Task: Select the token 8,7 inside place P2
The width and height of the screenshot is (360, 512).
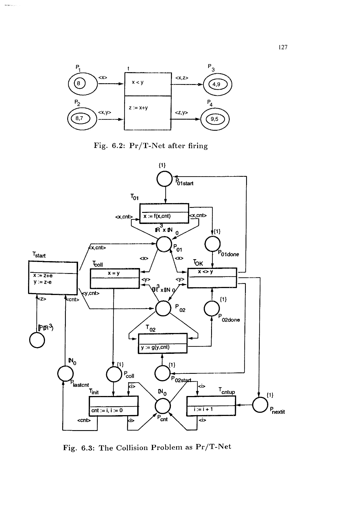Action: coord(80,118)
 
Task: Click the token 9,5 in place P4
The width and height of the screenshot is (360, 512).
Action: coord(214,119)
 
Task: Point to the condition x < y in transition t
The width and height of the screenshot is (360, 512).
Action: coord(137,82)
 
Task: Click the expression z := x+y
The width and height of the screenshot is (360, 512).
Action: coord(138,108)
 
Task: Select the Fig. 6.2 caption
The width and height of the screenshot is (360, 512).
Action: coord(151,146)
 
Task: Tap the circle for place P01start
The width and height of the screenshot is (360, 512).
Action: coord(165,179)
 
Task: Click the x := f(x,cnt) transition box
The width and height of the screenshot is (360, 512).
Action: coord(164,213)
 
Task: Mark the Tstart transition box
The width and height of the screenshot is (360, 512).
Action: coord(53,278)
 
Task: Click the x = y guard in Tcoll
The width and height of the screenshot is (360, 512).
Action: coord(114,273)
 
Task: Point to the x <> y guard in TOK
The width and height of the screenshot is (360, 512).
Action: coord(206,272)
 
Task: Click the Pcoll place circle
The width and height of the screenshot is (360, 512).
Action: coord(114,374)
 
